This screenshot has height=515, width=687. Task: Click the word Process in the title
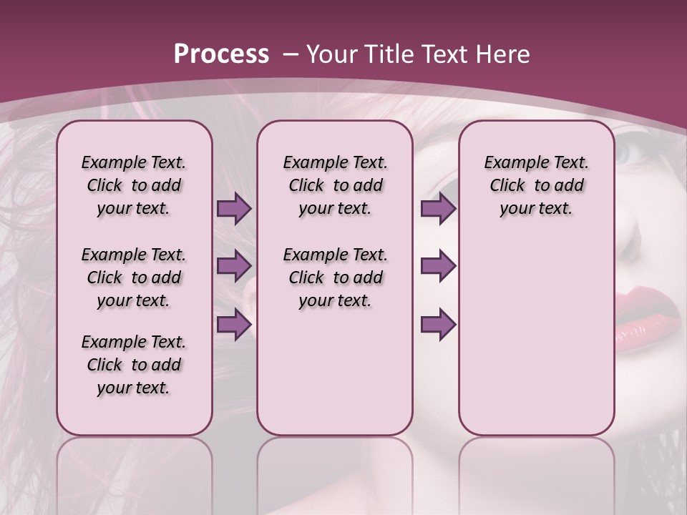221,54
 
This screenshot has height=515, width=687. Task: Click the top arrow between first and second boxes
233,209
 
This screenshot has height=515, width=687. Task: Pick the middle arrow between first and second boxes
233,266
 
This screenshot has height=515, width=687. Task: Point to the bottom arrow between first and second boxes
233,324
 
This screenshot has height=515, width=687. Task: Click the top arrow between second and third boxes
438,209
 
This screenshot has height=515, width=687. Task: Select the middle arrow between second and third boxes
438,266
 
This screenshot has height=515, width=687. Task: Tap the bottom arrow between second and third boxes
438,324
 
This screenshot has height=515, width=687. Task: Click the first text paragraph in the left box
134,185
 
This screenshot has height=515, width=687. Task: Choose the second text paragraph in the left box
134,278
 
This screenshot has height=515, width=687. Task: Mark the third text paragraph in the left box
134,365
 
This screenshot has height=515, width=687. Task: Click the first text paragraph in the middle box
335,185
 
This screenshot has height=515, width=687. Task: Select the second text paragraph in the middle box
335,278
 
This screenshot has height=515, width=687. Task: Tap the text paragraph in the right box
536,185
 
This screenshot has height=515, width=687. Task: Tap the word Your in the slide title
332,54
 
